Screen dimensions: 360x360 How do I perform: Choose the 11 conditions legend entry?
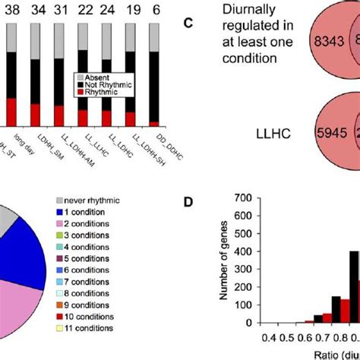click(94, 328)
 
